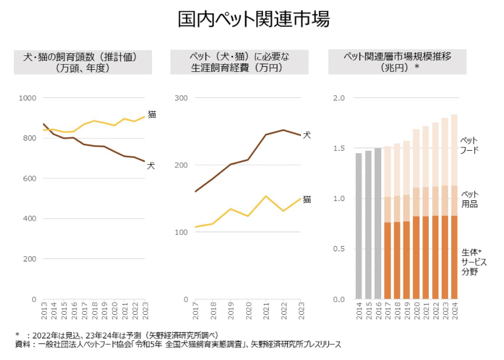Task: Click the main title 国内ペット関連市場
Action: point(253,20)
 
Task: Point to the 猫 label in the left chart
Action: point(151,114)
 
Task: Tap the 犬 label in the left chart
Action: point(151,165)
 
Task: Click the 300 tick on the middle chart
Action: point(181,98)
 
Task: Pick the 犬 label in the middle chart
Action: point(307,135)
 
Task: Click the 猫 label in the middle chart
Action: point(307,200)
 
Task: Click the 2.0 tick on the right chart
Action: point(339,98)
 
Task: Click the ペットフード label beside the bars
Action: point(470,145)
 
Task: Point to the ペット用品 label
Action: point(470,199)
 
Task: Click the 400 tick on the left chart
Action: point(29,219)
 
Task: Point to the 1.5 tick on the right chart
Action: point(339,148)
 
